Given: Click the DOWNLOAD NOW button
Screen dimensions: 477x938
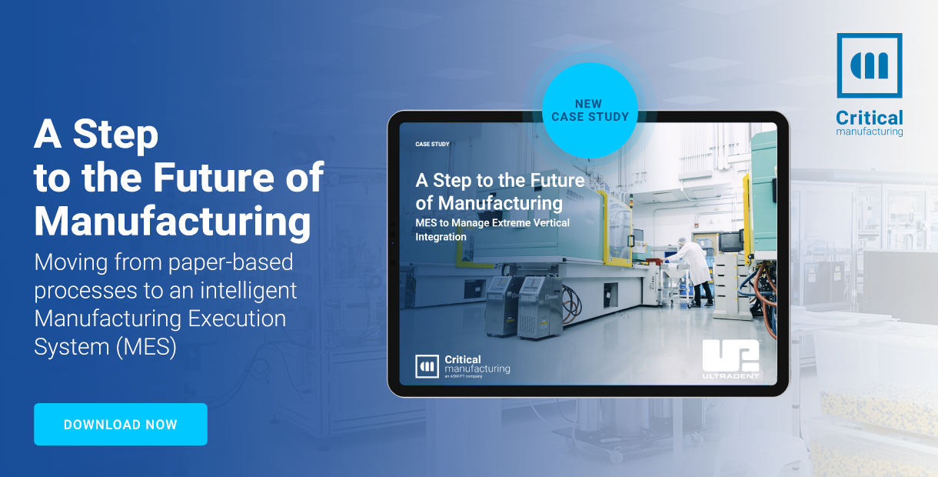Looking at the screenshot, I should tap(121, 425).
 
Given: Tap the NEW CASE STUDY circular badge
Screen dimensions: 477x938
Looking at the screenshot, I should tap(590, 110).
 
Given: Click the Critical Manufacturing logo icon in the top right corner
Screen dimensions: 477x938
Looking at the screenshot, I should tap(870, 66).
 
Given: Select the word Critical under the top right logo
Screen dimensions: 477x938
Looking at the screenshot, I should tap(870, 118).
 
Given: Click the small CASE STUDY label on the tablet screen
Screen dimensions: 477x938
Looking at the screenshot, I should tap(432, 144).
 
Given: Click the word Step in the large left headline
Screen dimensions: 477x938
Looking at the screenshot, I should tap(116, 135).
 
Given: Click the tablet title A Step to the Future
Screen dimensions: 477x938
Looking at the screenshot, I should tap(501, 181).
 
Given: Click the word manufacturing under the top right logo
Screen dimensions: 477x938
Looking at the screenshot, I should tap(870, 132).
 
